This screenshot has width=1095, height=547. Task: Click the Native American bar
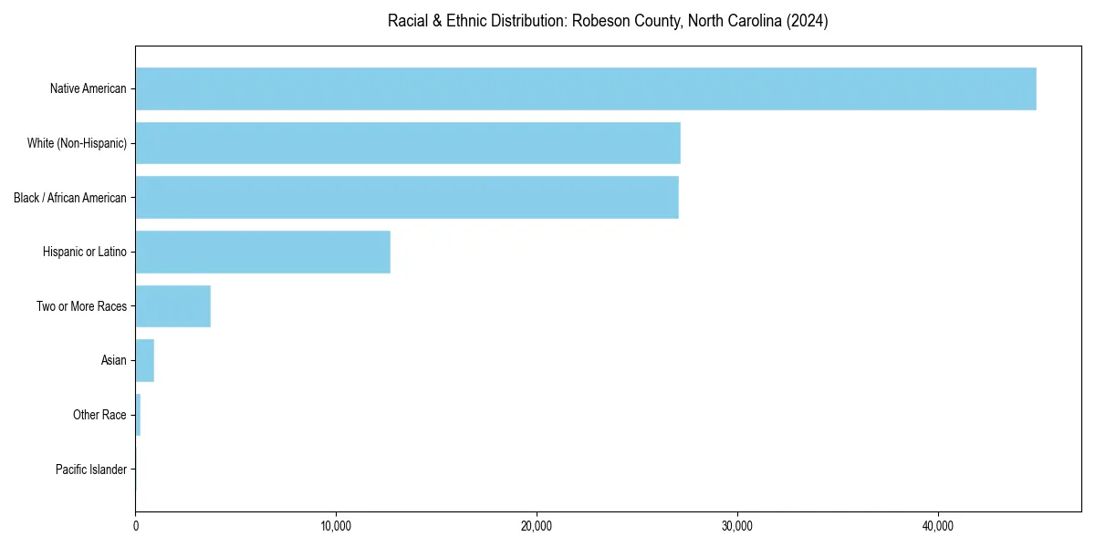tap(585, 88)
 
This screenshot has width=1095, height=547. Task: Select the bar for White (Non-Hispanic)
tap(408, 143)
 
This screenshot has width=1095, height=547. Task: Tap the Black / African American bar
tap(407, 197)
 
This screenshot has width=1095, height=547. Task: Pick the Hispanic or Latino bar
tap(263, 252)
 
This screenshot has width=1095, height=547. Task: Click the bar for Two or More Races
tap(173, 306)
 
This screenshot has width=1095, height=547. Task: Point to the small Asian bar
tap(145, 361)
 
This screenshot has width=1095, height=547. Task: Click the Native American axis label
tap(88, 89)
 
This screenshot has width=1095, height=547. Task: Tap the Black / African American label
tap(70, 198)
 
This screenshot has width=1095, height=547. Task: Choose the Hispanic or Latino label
tap(85, 252)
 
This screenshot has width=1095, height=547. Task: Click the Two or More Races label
tap(81, 306)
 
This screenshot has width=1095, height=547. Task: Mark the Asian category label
tap(113, 361)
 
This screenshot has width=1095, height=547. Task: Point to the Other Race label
tap(99, 416)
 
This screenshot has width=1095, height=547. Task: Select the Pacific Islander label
tap(90, 470)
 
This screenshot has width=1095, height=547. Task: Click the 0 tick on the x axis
tap(136, 526)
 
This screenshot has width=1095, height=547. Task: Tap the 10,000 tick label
tap(336, 526)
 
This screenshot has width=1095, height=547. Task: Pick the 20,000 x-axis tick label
tap(537, 526)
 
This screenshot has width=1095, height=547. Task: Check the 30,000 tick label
tap(737, 526)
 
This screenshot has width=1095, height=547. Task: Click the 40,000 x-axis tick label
tap(938, 526)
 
